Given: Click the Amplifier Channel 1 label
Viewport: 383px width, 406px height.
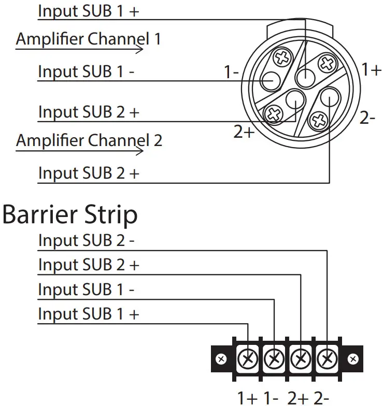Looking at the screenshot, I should [89, 39].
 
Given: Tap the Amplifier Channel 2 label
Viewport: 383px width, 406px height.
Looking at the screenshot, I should [89, 140].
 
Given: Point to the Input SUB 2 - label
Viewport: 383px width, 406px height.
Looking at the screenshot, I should [86, 241].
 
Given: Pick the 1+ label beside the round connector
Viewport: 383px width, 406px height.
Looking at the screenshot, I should [372, 69].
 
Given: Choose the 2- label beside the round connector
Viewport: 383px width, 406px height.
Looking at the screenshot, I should [367, 118].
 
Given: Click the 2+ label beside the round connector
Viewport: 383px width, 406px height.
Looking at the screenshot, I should [244, 133].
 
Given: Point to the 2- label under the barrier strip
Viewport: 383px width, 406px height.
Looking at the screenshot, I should [320, 398].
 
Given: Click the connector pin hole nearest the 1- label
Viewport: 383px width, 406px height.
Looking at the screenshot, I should [270, 81].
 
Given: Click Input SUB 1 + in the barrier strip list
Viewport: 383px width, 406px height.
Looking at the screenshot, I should [89, 314].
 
